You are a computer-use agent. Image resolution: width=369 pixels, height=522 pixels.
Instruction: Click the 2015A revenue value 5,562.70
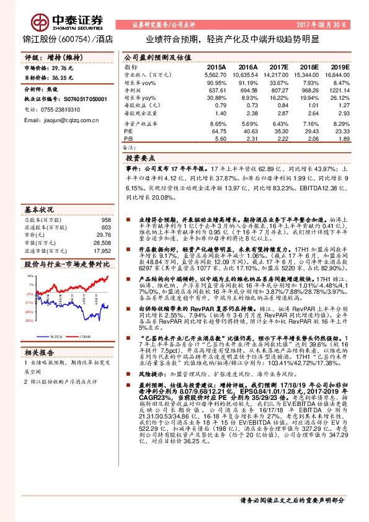[x=215, y=74]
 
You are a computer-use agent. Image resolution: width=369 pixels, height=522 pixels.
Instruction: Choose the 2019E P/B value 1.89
[x=342, y=139]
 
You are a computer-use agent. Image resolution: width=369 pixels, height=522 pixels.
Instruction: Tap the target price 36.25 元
[x=63, y=78]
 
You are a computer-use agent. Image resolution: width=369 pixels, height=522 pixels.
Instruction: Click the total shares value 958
[x=105, y=220]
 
